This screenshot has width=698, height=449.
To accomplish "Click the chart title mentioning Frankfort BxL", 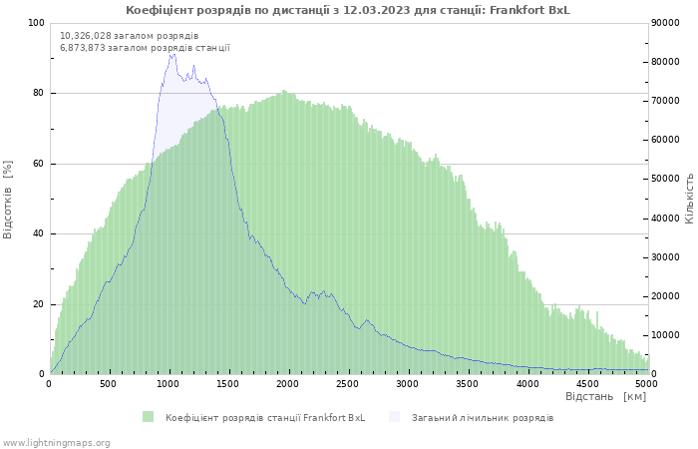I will tap(348, 10).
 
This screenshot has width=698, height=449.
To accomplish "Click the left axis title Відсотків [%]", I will tap(8, 199).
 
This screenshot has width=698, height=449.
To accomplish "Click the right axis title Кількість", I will tap(689, 198).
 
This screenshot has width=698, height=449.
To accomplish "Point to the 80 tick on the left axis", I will tap(38, 94).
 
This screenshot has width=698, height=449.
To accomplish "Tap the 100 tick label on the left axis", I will tap(36, 23).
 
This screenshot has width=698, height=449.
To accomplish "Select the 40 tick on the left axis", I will tap(38, 234).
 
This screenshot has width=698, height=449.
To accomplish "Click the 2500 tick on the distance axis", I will tap(348, 383).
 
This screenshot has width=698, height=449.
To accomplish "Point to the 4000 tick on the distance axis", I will tap(527, 383).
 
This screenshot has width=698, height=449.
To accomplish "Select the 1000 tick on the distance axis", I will tap(169, 383).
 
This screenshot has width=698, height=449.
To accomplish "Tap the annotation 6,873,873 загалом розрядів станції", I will tap(145, 47).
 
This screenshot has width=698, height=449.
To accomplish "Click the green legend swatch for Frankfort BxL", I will tap(149, 417).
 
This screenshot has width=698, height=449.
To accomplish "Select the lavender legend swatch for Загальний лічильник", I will tap(395, 417).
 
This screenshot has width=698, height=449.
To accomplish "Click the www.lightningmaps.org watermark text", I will tap(56, 442).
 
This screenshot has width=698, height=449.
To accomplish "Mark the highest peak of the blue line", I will tap(172, 54).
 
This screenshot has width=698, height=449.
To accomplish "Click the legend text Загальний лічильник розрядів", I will tap(483, 417).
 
